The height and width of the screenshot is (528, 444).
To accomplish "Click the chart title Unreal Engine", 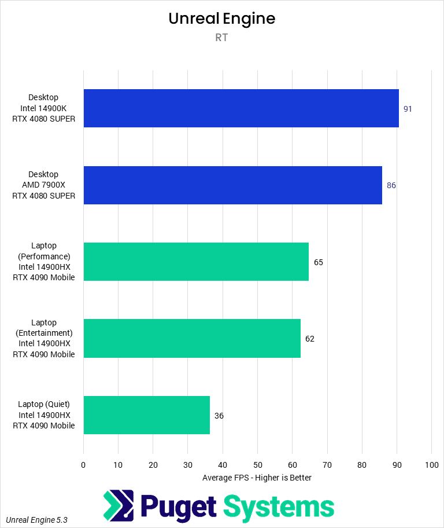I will (221, 19).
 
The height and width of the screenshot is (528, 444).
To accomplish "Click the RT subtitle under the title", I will (222, 38).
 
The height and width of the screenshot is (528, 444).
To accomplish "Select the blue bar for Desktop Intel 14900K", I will (241, 108).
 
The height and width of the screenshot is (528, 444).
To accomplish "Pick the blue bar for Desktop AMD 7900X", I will (232, 185).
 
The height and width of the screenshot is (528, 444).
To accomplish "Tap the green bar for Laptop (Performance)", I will (196, 262).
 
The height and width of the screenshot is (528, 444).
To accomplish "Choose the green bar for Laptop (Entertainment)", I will (192, 338).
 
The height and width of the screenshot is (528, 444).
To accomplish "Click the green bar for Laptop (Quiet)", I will (146, 415).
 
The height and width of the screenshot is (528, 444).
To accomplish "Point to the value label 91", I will (408, 109).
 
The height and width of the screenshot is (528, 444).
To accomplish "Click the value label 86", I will (391, 185).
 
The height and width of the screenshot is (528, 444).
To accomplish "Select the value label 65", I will (319, 262).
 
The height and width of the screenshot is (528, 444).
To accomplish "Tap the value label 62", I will (310, 339).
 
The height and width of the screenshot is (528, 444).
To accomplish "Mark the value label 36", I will (219, 416).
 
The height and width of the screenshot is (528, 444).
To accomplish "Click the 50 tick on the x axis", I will (257, 465).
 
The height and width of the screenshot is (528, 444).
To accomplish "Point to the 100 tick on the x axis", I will (431, 465).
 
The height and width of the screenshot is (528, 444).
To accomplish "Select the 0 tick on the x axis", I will (83, 465).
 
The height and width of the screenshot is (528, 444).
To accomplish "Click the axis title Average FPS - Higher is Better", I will (257, 478).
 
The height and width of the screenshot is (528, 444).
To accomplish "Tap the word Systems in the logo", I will (279, 507).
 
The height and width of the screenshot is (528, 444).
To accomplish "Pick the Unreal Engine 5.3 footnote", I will (37, 520).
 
